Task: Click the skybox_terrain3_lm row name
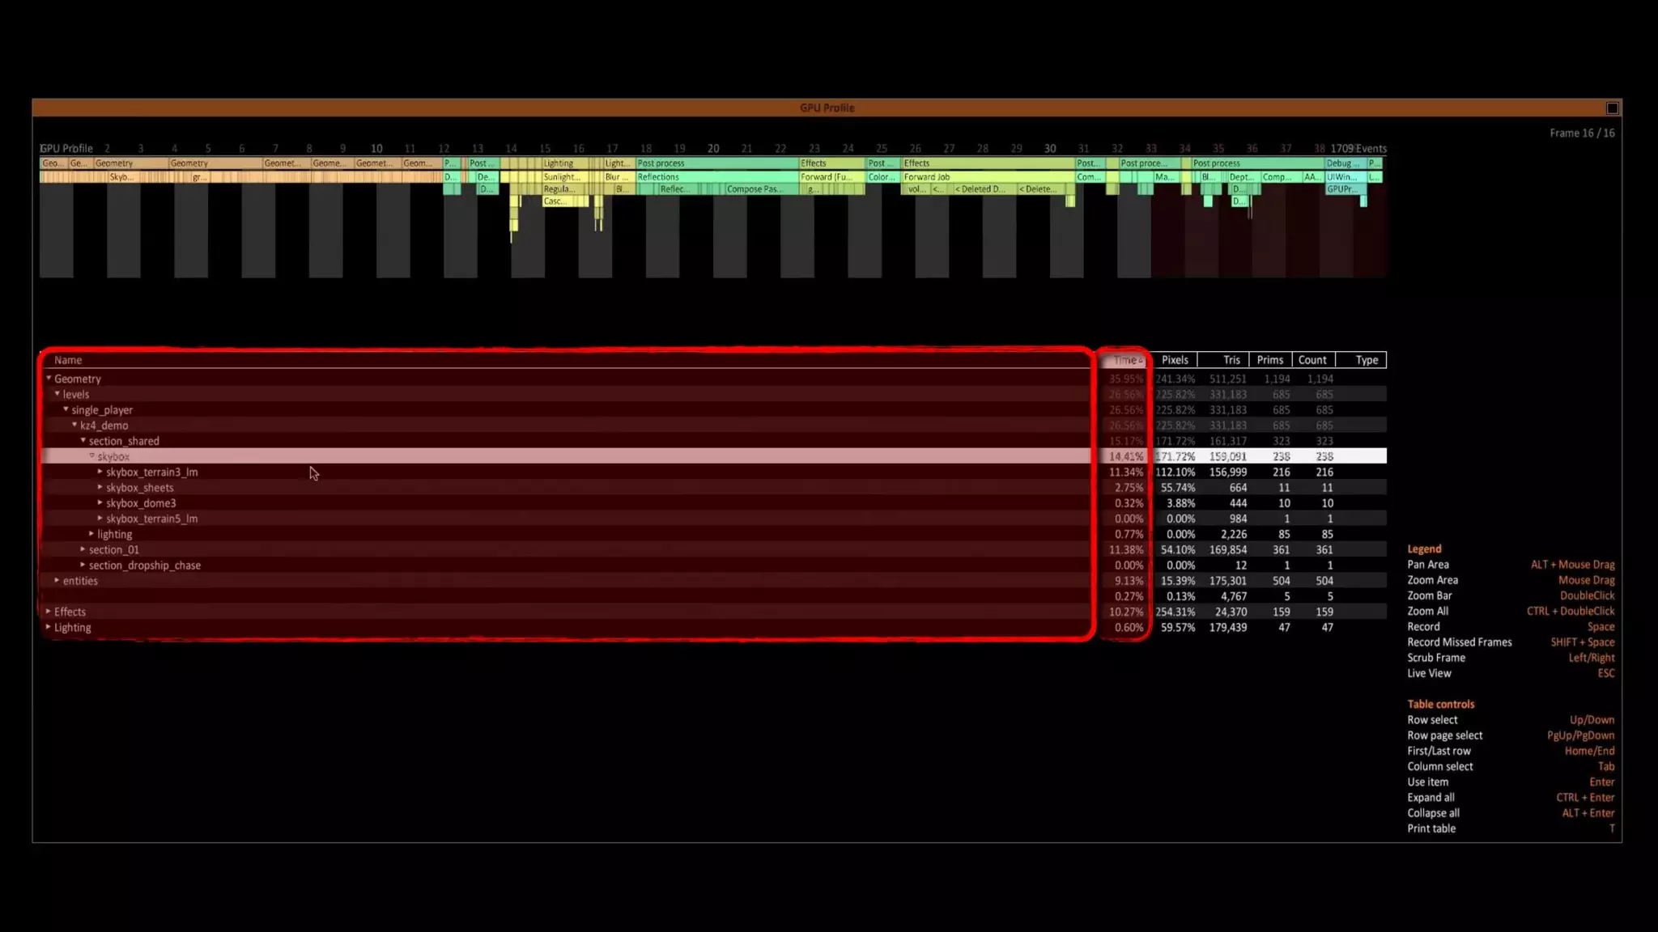coord(151,472)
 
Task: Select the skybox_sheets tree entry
coord(139,488)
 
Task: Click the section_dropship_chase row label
coord(144,566)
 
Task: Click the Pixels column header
coord(1175,360)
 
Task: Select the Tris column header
coord(1231,360)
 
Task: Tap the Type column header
coord(1367,360)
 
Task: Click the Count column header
coord(1312,360)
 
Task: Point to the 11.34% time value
coord(1126,472)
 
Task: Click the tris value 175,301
coord(1227,581)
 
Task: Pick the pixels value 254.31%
coord(1175,612)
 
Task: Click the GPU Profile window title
coord(827,108)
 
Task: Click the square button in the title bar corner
coord(1612,108)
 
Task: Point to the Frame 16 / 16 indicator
coord(1581,133)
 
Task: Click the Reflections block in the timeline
coord(658,177)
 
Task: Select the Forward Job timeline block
coord(927,177)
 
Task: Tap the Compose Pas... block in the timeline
coord(754,189)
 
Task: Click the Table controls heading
coord(1440,705)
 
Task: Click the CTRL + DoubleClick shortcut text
coord(1570,612)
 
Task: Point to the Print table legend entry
coord(1431,828)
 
